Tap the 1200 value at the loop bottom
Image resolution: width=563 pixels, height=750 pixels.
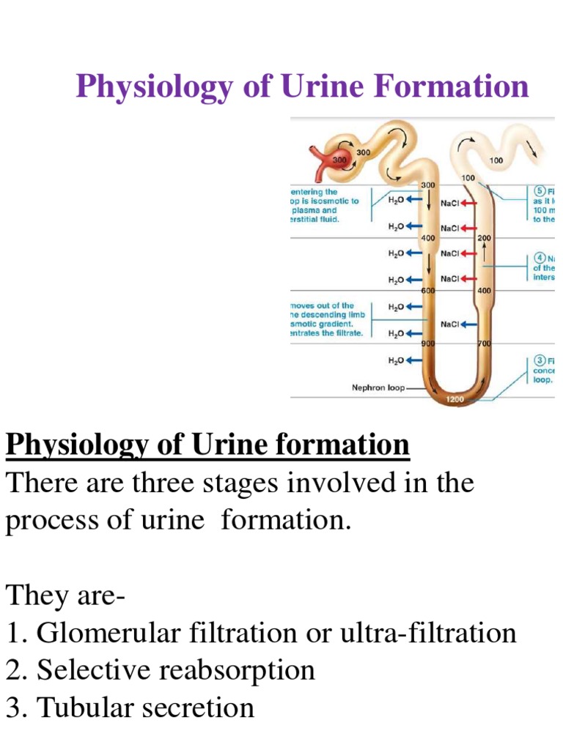pos(455,400)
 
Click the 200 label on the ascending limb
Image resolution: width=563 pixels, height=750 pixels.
pos(485,238)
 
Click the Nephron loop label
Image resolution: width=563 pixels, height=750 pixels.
pos(378,388)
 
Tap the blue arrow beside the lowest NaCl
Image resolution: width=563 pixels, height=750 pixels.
pos(471,324)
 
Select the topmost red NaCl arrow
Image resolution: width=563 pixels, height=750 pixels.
pos(470,202)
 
